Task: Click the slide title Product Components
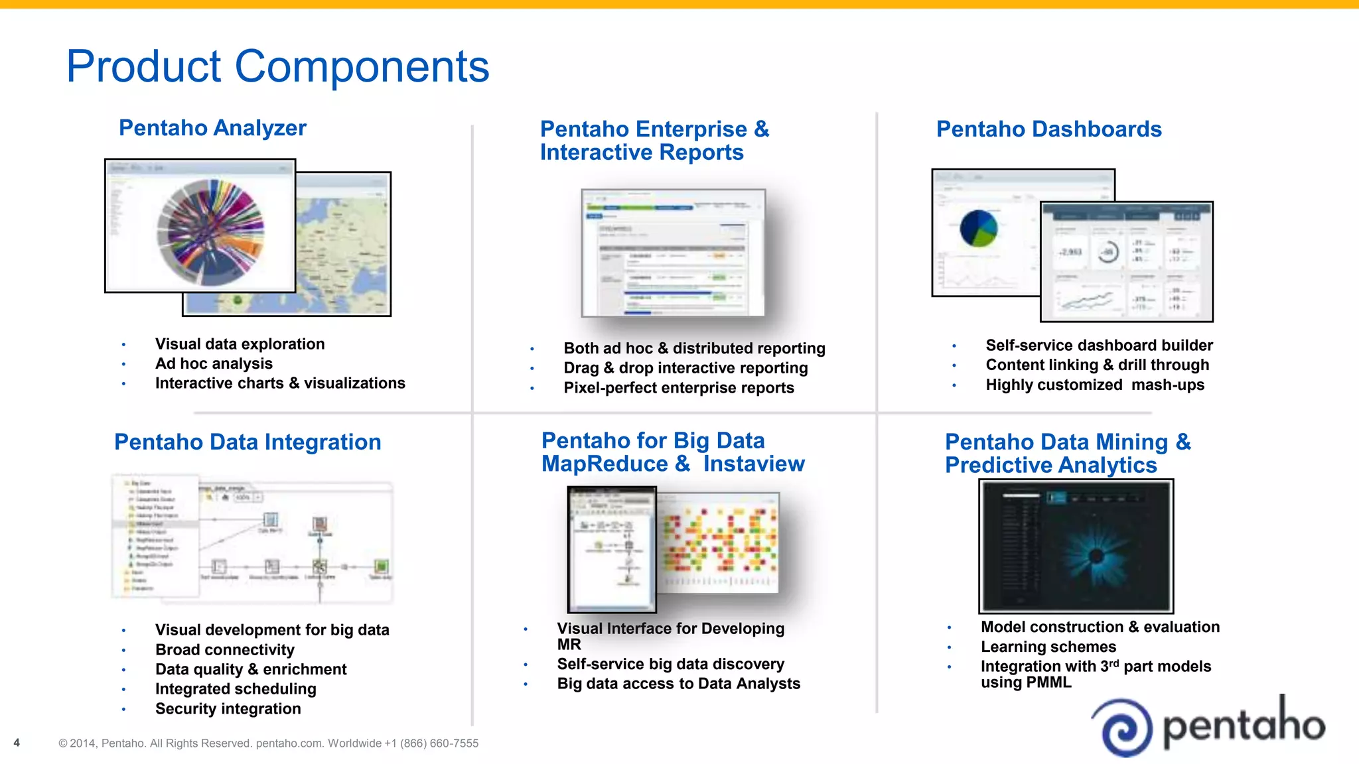(277, 66)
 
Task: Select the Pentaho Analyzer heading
(212, 127)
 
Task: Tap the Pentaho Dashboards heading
(1048, 129)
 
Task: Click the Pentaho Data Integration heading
(248, 442)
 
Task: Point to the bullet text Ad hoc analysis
(214, 363)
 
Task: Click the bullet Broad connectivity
(224, 649)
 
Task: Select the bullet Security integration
(228, 708)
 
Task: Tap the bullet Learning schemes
(1048, 647)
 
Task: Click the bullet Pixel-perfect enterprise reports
(678, 388)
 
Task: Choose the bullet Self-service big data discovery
(670, 664)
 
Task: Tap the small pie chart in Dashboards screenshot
(979, 228)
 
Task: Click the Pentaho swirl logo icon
(1123, 728)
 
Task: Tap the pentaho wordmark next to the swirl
(1244, 725)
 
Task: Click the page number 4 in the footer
(17, 743)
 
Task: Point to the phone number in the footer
(431, 743)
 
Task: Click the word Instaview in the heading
(754, 464)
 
